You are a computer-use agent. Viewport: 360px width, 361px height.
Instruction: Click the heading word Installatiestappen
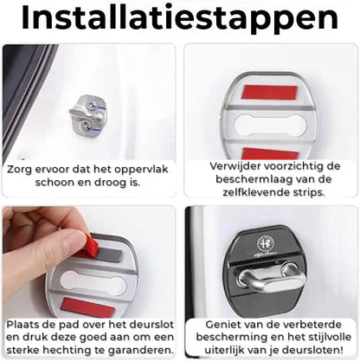(x=179, y=19)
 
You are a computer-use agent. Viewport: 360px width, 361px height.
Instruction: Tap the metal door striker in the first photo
(x=86, y=117)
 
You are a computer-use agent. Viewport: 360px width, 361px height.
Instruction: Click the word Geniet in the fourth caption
(x=217, y=323)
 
